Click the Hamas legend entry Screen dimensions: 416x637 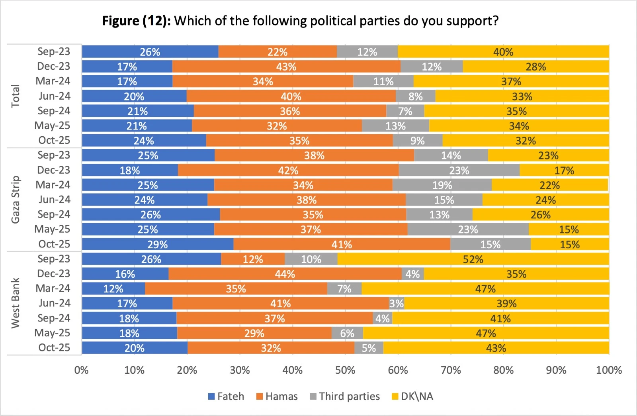[x=277, y=396]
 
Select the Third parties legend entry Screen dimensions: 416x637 [x=345, y=396]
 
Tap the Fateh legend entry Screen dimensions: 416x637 [x=226, y=396]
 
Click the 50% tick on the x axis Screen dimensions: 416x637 [x=345, y=370]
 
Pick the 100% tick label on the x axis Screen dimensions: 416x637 [x=609, y=370]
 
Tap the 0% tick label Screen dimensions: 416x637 [x=81, y=370]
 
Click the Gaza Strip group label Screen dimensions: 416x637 [x=16, y=200]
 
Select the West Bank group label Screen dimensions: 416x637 [x=16, y=303]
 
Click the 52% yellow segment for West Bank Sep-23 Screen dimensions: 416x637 [x=473, y=259]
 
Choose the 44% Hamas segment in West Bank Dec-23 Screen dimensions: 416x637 [x=285, y=274]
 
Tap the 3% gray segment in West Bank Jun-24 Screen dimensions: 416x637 [x=397, y=304]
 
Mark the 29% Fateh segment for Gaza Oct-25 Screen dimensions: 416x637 [x=158, y=244]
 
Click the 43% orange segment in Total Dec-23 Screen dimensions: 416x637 [x=286, y=67]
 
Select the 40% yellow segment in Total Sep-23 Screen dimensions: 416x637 [x=503, y=52]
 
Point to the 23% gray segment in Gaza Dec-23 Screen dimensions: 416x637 [x=459, y=171]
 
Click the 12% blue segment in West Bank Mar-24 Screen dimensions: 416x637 [x=113, y=289]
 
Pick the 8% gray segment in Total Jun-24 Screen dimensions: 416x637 [x=415, y=96]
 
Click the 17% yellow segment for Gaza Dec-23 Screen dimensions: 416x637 [x=564, y=171]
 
